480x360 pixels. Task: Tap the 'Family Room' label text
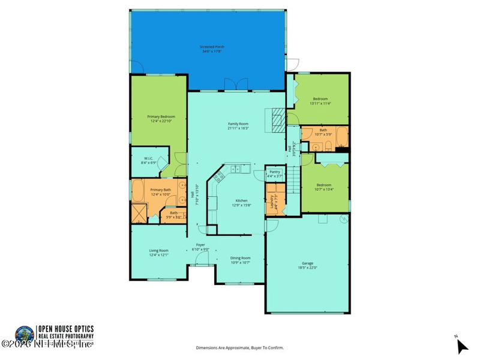click(238, 124)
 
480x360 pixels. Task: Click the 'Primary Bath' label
click(161, 190)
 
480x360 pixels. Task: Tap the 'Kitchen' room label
click(241, 200)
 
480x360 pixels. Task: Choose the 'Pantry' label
click(275, 172)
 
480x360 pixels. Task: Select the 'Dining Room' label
click(240, 258)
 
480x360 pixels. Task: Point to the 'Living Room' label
click(159, 250)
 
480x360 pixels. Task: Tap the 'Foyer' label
click(201, 245)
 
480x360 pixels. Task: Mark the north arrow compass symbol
click(461, 346)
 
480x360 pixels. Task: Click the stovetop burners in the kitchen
click(218, 176)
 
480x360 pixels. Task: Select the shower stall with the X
click(139, 214)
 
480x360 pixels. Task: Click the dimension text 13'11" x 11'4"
click(320, 103)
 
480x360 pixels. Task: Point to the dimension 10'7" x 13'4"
click(324, 189)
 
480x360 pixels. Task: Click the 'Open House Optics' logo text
click(66, 329)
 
